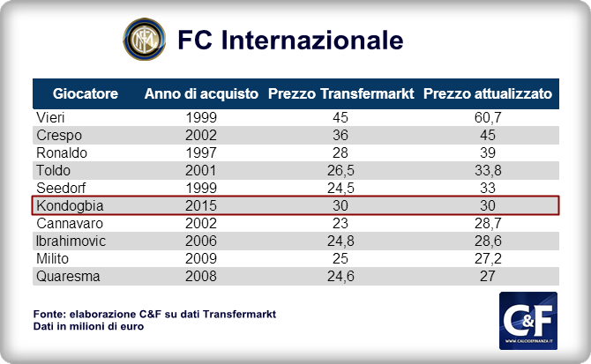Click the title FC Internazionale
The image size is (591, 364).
[290, 41]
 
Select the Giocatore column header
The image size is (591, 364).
[86, 93]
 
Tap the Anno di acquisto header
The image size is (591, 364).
[201, 93]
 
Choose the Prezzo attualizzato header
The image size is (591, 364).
[488, 93]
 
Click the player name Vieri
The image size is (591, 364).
[50, 117]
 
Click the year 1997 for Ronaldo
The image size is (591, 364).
[201, 152]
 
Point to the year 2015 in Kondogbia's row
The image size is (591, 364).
[201, 205]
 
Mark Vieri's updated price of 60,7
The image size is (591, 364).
[488, 117]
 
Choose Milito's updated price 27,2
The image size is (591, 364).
[488, 258]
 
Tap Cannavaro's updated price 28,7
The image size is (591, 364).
[488, 223]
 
